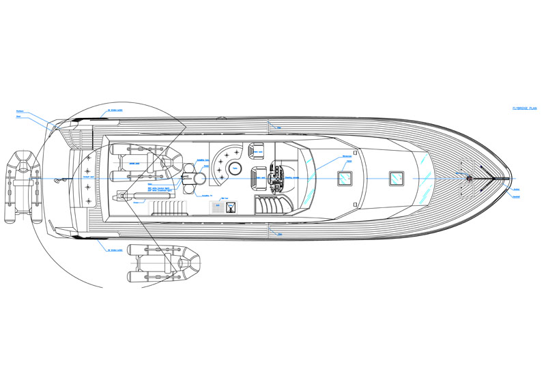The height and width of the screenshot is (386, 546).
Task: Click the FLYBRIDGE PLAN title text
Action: (526, 108)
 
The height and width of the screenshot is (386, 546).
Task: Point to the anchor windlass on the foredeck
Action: (470, 178)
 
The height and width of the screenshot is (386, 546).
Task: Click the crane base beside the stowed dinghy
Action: (124, 196)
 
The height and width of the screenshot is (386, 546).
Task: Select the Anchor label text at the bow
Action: (517, 189)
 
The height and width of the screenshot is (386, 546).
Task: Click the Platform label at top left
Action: (20, 112)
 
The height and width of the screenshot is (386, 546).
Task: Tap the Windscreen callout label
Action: (347, 155)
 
